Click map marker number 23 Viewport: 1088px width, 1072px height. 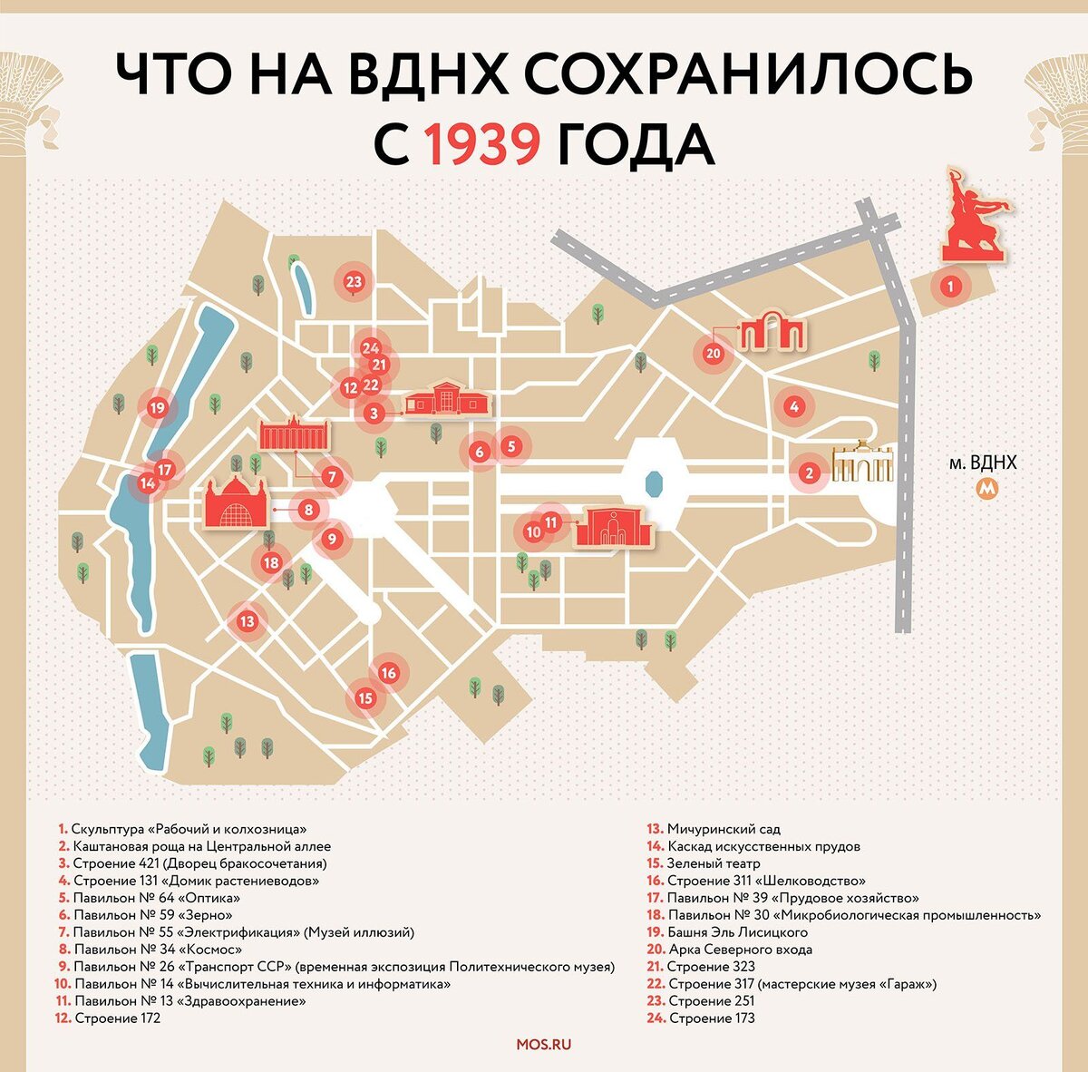click(x=354, y=281)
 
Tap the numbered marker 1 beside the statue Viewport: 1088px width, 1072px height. click(x=949, y=287)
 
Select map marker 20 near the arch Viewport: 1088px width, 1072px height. click(x=713, y=353)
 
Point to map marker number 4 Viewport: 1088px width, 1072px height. click(x=793, y=407)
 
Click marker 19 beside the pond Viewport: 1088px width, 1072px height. click(x=158, y=407)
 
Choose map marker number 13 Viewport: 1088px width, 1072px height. click(x=247, y=621)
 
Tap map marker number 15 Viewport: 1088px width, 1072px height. click(x=365, y=698)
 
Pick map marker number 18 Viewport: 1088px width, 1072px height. click(x=270, y=563)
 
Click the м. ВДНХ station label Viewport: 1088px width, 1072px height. click(x=982, y=463)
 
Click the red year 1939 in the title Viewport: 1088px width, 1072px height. click(x=482, y=145)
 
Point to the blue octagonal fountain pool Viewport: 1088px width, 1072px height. click(x=652, y=481)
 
